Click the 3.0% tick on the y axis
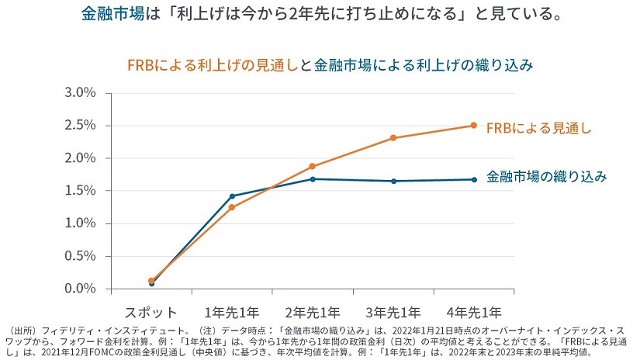tap(79, 92)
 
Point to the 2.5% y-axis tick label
tap(79, 125)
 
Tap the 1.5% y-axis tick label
tap(79, 190)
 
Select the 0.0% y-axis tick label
tap(79, 288)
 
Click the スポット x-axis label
tap(153, 313)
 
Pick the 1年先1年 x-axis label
tap(232, 313)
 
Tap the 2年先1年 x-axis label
tap(313, 313)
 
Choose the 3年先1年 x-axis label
tap(393, 313)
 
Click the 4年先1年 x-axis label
tap(474, 313)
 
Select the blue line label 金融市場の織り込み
tap(546, 177)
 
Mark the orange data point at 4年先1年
tap(474, 125)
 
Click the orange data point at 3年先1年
tap(393, 138)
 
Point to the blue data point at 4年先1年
tap(474, 179)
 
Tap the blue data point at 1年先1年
tap(232, 196)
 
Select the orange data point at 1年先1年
tap(232, 207)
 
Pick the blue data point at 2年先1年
tap(313, 179)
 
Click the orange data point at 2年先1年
tap(313, 166)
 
